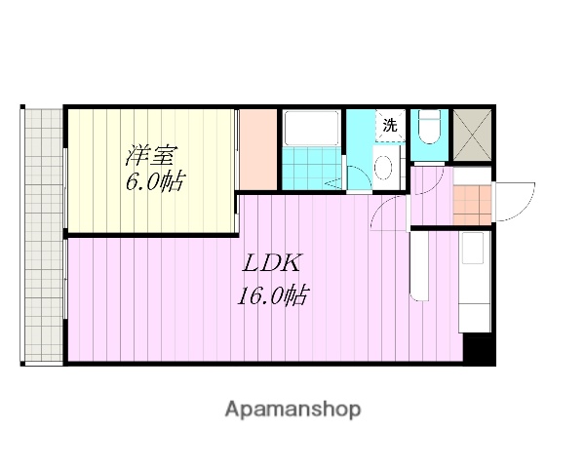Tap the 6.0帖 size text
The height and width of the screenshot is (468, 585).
pos(154,182)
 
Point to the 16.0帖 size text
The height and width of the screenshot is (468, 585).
pos(272,294)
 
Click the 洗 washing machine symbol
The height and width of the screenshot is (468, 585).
pos(389,126)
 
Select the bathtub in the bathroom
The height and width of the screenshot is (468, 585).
pos(310,130)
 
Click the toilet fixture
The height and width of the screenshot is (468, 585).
pos(429,132)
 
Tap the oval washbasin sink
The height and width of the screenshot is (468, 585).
pos(383,168)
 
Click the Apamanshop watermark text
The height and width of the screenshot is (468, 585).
pos(292,409)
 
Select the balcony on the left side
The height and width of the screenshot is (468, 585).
pos(42,234)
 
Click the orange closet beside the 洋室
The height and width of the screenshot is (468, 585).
pos(258,151)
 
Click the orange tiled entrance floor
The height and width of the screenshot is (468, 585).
pos(471,205)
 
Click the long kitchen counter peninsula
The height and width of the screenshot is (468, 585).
pos(419,263)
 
